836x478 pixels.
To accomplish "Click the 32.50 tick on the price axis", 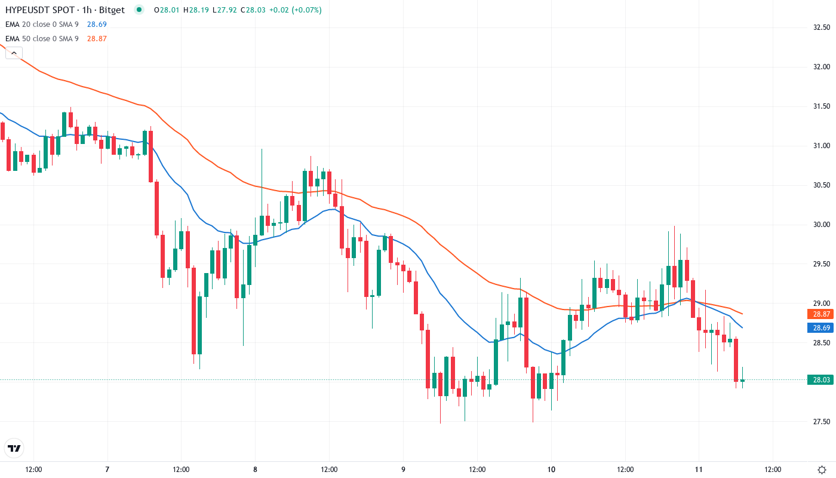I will point(822,27).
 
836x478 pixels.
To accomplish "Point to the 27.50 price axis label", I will point(822,422).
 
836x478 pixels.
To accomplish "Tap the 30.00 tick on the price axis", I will point(822,225).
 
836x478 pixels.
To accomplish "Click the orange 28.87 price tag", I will point(819,314).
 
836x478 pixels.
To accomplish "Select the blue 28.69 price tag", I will point(819,327).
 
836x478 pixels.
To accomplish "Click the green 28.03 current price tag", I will point(819,379).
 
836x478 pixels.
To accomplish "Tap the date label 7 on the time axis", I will point(107,470).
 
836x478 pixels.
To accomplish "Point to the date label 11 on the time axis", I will point(699,470).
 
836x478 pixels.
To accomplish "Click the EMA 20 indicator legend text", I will point(42,24).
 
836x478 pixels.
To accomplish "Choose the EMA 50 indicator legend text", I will point(42,39).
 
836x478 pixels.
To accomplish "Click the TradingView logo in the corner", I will point(14,448).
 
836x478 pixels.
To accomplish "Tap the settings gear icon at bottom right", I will point(822,470).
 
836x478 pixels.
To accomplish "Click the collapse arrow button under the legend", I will point(14,53).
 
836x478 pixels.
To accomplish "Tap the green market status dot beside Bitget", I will point(139,10).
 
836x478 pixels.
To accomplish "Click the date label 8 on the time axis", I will point(255,470).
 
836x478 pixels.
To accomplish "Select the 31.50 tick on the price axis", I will point(822,106).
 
